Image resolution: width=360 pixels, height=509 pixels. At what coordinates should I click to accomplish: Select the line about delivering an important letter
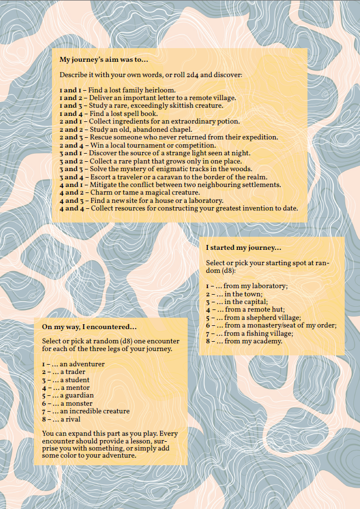click(147, 97)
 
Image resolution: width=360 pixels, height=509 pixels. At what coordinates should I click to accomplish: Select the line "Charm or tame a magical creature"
click(132, 192)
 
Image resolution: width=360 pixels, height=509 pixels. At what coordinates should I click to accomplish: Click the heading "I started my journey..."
click(243, 248)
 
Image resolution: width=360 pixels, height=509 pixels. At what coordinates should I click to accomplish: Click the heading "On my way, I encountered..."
click(89, 327)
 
